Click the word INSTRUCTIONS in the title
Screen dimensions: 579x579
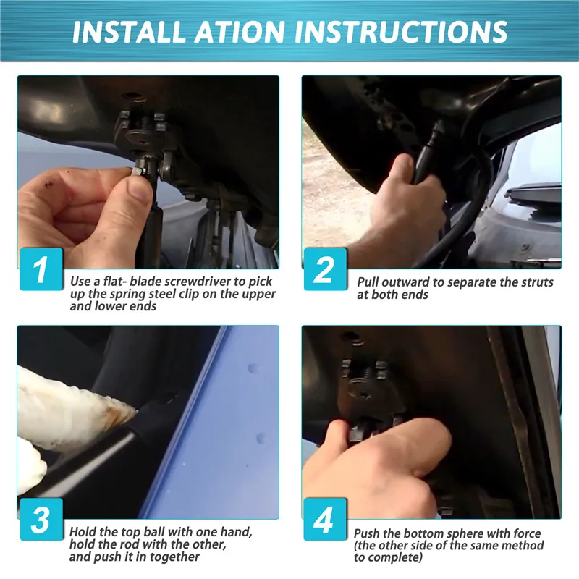tap(401, 31)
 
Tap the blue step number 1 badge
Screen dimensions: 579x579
tap(41, 269)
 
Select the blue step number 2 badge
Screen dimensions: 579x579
tap(325, 269)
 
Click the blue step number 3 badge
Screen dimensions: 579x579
tap(41, 519)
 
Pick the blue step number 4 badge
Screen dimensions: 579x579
tap(325, 519)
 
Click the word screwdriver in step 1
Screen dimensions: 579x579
tap(198, 282)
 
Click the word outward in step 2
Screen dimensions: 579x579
tap(406, 282)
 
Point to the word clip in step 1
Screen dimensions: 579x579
tap(209, 294)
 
